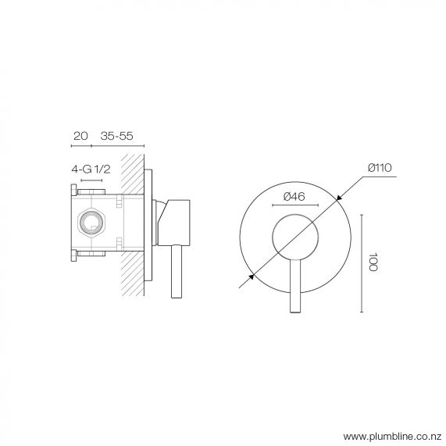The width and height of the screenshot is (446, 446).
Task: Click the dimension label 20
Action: pos(79,136)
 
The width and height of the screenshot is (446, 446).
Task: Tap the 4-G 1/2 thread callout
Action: pos(91,168)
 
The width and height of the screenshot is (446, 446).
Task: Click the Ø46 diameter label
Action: pos(294,196)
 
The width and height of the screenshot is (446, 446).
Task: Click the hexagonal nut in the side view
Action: pos(91,223)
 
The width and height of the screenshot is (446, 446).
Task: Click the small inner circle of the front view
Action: pos(294,235)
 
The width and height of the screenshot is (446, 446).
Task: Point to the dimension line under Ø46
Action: pos(294,206)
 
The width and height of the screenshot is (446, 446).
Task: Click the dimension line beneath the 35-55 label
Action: pos(118,146)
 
